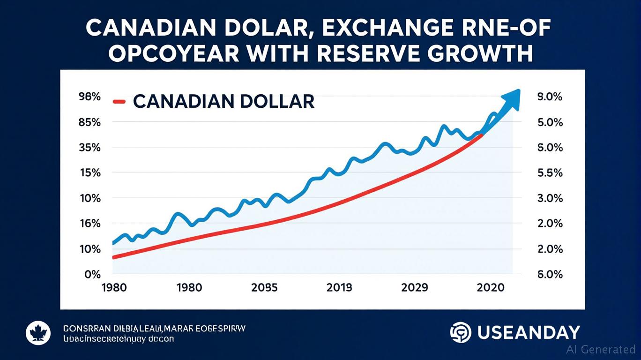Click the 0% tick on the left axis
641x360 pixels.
[92, 274]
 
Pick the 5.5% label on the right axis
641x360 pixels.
[549, 173]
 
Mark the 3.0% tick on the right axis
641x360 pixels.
[549, 198]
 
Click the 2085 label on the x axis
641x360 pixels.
[264, 287]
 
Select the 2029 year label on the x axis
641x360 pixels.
[415, 287]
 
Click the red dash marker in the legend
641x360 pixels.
[119, 101]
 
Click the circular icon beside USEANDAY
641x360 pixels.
[461, 332]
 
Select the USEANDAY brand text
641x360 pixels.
[529, 332]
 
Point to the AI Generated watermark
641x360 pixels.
[601, 349]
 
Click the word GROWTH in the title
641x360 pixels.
[484, 54]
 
